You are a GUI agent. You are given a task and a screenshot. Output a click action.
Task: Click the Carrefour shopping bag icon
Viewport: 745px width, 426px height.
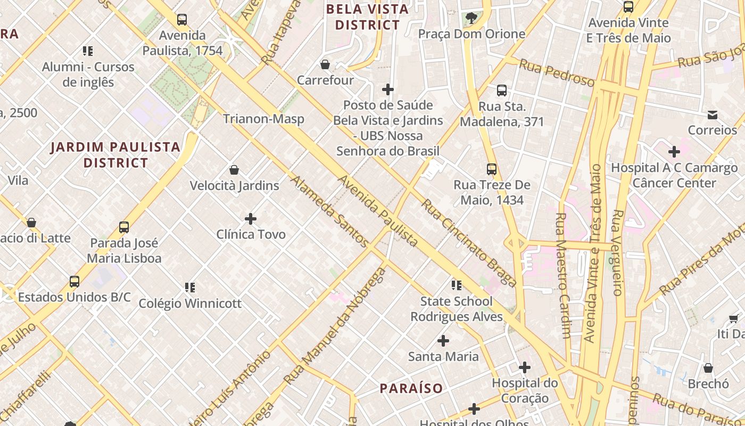click(325, 64)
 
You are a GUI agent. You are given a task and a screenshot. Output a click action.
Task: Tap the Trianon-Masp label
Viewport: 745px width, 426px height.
click(263, 119)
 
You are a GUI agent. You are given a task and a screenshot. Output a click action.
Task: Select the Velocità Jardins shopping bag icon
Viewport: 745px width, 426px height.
click(234, 170)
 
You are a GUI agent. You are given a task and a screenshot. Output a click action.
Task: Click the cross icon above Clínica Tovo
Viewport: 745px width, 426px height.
click(251, 219)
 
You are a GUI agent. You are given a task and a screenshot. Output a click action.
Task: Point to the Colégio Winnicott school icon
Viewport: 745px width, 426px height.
click(190, 288)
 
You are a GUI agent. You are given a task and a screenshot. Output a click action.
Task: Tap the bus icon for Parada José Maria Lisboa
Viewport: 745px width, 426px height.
click(124, 227)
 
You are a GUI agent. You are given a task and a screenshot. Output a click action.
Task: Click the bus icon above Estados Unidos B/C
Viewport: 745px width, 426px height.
click(74, 282)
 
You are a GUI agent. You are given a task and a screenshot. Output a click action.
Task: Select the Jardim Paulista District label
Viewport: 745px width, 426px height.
click(115, 154)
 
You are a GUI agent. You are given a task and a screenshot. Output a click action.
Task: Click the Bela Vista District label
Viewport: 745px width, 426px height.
click(367, 17)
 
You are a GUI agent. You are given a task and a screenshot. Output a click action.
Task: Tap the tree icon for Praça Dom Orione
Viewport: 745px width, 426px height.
click(471, 18)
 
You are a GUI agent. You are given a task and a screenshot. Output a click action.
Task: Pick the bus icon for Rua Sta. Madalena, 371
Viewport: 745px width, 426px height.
click(502, 91)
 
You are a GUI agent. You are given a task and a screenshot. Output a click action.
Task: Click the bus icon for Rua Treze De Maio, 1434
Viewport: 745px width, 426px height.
click(492, 169)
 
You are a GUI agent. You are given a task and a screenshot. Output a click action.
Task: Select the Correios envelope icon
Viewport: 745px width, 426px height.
click(713, 114)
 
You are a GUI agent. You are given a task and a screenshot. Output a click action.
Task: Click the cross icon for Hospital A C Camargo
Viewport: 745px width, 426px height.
click(674, 152)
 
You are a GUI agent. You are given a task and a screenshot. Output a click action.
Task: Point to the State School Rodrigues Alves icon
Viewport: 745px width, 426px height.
click(457, 285)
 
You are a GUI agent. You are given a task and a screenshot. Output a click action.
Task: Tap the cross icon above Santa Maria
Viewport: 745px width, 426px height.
click(443, 341)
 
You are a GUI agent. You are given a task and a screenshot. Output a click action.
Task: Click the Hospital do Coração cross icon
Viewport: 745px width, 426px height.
click(525, 367)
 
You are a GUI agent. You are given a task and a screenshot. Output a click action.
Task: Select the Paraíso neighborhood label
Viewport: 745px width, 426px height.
click(411, 388)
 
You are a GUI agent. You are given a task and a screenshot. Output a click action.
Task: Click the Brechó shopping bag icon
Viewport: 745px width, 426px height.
click(708, 368)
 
